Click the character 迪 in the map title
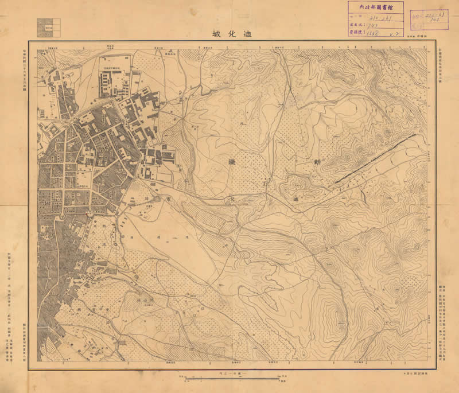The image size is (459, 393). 248,33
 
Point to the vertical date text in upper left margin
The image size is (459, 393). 32,75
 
